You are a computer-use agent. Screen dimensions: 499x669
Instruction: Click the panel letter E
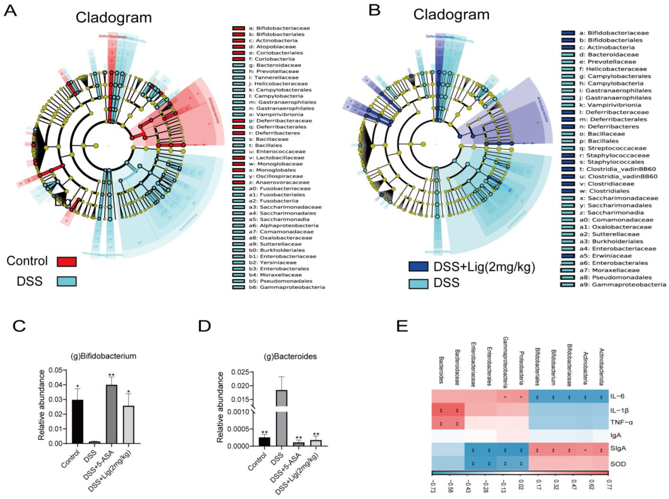[x=402, y=326]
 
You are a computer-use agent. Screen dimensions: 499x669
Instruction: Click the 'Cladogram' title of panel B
[x=451, y=15]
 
